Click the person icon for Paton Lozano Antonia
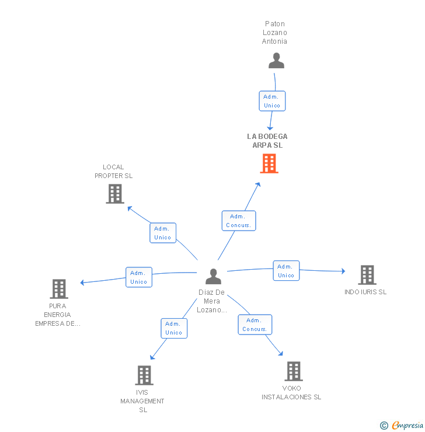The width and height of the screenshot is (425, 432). (x=276, y=61)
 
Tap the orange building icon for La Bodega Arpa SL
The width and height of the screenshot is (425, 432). (x=269, y=163)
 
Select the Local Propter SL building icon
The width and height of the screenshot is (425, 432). (x=115, y=194)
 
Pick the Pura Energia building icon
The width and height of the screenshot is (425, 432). (x=59, y=288)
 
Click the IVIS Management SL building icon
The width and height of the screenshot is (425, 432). (x=144, y=375)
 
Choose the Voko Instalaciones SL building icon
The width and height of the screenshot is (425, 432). (x=294, y=371)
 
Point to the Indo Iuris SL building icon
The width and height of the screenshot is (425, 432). (x=367, y=274)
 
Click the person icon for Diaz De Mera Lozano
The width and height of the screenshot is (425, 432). (x=214, y=277)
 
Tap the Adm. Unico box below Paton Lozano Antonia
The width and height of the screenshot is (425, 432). (x=272, y=101)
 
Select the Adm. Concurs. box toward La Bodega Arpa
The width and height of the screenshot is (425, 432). (x=239, y=221)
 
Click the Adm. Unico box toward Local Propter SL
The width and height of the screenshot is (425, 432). (x=163, y=233)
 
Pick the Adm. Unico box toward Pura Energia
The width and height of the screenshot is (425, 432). (x=139, y=277)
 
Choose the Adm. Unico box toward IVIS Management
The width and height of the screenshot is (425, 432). (x=174, y=328)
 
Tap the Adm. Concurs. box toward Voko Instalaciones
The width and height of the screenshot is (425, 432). (x=255, y=325)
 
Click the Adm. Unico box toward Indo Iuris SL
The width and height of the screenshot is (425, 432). (x=286, y=271)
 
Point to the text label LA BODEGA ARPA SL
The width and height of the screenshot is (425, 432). (x=267, y=141)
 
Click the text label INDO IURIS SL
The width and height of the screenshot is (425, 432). (x=365, y=292)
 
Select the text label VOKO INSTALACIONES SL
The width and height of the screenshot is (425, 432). (x=291, y=392)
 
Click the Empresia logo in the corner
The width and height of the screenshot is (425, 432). (x=402, y=426)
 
